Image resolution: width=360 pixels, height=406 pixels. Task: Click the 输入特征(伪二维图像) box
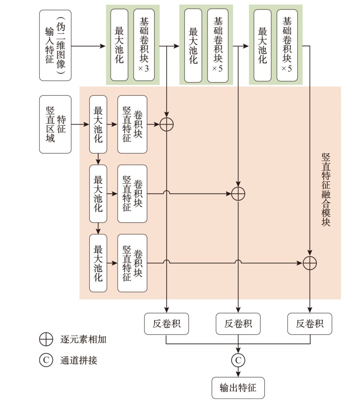(x=55, y=46)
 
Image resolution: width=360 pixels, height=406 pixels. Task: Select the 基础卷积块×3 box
(x=144, y=45)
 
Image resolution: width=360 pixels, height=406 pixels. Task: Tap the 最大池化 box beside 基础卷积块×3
(x=119, y=45)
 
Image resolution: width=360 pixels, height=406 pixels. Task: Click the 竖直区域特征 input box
(x=55, y=124)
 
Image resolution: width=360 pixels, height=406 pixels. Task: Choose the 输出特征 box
(x=238, y=387)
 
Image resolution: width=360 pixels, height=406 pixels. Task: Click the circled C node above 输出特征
(x=238, y=360)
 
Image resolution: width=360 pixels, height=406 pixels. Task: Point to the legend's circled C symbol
(x=46, y=360)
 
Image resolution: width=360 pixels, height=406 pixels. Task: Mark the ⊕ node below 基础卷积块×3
(x=167, y=124)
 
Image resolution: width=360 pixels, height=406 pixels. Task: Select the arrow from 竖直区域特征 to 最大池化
(x=80, y=124)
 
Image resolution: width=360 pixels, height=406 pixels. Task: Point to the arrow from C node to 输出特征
(x=238, y=371)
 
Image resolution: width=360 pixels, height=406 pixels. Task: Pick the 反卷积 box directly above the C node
(x=238, y=324)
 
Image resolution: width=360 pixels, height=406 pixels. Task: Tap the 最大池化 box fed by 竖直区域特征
(x=98, y=124)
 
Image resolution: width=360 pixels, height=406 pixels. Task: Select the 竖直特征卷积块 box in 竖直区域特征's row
(x=132, y=124)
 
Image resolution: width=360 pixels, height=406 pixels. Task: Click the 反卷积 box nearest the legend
(x=167, y=324)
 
